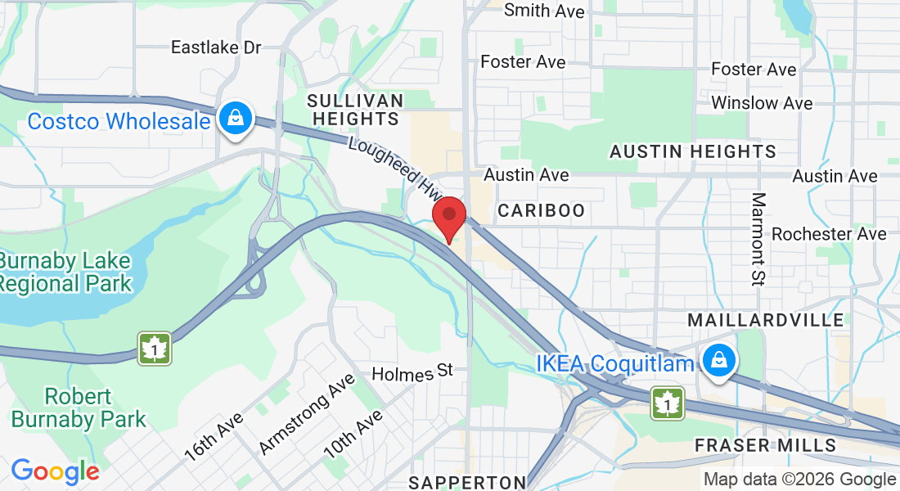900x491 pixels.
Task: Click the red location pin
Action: pyautogui.click(x=448, y=217)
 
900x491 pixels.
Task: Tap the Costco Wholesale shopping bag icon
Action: pyautogui.click(x=236, y=119)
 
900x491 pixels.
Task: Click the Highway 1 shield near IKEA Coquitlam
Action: pyautogui.click(x=668, y=403)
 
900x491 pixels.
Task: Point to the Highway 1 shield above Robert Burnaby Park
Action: pyautogui.click(x=154, y=348)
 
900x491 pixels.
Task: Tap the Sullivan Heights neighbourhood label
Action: pyautogui.click(x=354, y=110)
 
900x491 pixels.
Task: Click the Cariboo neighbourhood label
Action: pyautogui.click(x=542, y=210)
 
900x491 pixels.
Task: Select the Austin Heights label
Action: pyautogui.click(x=693, y=151)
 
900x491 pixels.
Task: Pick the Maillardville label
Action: pyautogui.click(x=766, y=319)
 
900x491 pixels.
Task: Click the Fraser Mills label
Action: pyautogui.click(x=765, y=445)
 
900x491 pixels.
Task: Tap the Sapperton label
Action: pyautogui.click(x=467, y=481)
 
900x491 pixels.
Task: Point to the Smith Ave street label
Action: pyautogui.click(x=544, y=11)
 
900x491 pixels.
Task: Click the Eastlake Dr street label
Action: pyautogui.click(x=216, y=47)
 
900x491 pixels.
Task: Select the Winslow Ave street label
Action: pyautogui.click(x=762, y=103)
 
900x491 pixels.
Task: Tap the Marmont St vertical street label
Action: pyautogui.click(x=758, y=238)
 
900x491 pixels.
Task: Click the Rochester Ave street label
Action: pyautogui.click(x=829, y=234)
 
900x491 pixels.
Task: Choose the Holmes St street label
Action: pyautogui.click(x=412, y=373)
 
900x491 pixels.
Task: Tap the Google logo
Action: pyautogui.click(x=55, y=471)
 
